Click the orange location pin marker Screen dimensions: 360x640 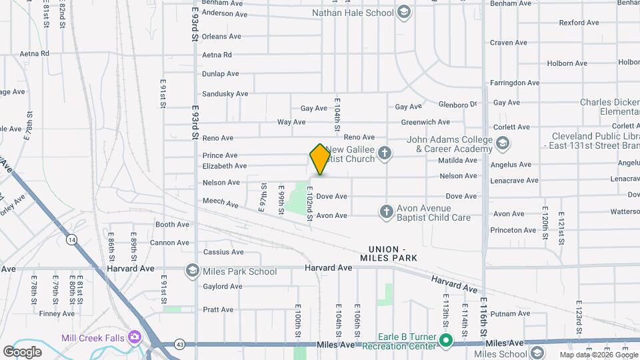click(320, 159)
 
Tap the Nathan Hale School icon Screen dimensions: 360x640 click(403, 12)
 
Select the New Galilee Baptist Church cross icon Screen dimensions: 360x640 click(385, 154)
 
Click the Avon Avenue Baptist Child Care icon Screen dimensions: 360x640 click(386, 213)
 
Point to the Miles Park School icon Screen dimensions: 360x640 click(193, 271)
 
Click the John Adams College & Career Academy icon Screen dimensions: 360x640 click(503, 143)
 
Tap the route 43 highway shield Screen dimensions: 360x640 click(179, 345)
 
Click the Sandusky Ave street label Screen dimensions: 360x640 click(225, 94)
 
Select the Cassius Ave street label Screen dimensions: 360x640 click(223, 252)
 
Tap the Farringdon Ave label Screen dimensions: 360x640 click(514, 83)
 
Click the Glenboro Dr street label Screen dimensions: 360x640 click(458, 104)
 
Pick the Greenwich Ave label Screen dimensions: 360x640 click(425, 122)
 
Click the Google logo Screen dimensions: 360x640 click(22, 351)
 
